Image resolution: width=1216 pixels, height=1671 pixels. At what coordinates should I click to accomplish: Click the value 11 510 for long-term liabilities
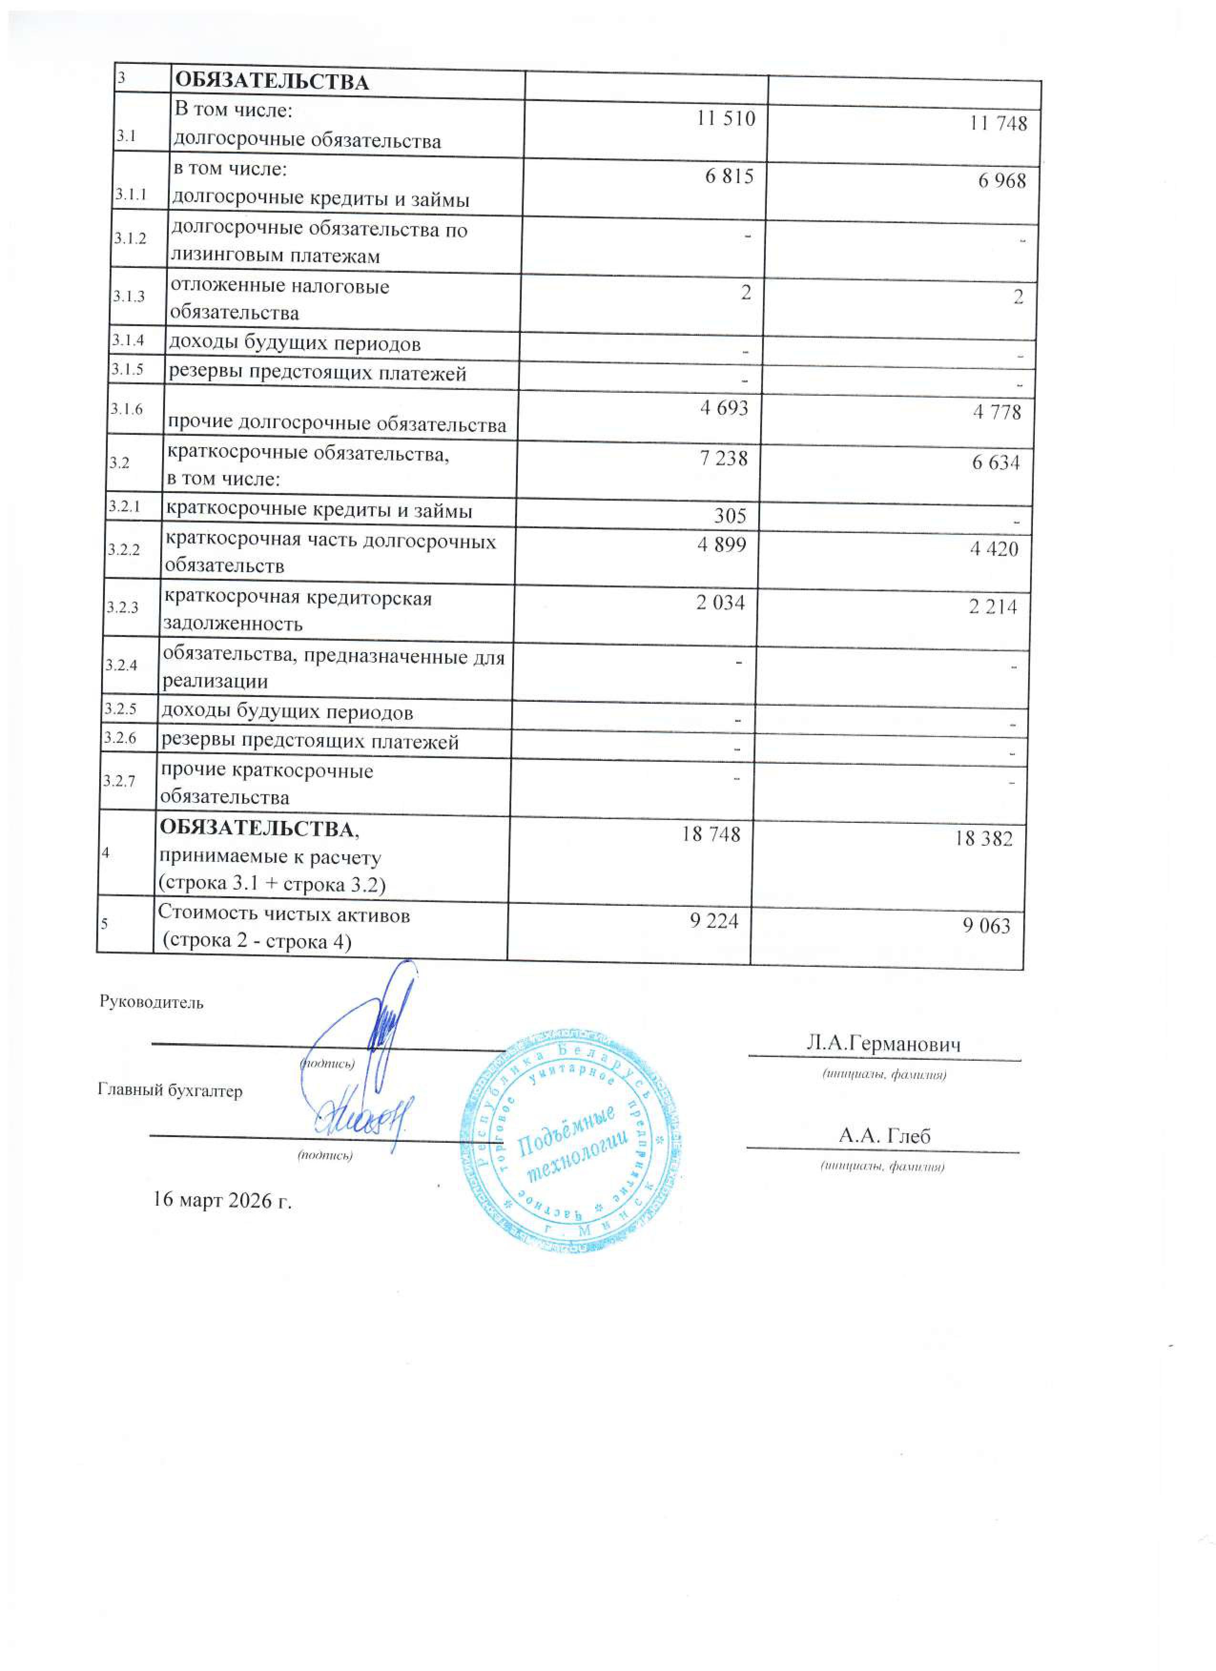pos(726,119)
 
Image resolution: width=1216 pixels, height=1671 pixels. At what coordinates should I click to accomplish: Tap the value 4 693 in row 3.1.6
pos(724,408)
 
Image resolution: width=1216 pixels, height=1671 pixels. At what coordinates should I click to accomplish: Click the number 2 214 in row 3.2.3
pos(993,606)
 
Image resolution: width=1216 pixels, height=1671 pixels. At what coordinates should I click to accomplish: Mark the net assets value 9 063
pos(986,925)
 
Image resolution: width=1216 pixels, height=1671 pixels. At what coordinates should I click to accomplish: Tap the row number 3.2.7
pos(119,781)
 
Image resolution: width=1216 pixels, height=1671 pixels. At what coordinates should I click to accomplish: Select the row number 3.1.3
pos(129,296)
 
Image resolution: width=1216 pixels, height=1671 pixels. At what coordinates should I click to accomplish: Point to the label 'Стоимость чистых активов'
pos(284,915)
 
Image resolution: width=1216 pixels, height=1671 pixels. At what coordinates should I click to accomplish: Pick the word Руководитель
pos(151,1003)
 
